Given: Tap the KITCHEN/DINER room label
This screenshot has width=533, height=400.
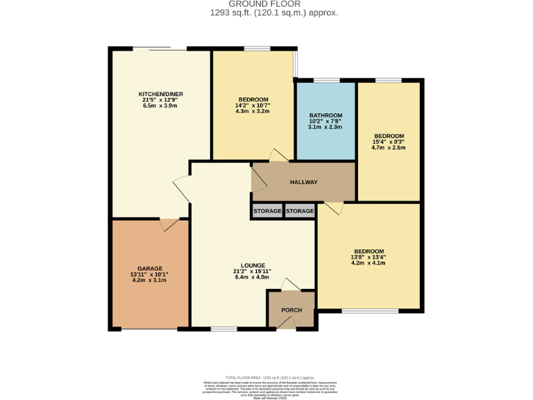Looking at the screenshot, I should pyautogui.click(x=160, y=94).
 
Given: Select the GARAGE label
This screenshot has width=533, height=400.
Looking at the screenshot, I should pyautogui.click(x=149, y=268).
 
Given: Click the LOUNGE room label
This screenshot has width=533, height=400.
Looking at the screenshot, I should pyautogui.click(x=253, y=265).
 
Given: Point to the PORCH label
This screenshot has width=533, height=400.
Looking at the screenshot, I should pyautogui.click(x=291, y=310).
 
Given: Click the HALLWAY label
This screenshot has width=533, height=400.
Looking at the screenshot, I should pyautogui.click(x=303, y=183).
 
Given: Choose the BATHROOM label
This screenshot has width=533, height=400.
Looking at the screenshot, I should pyautogui.click(x=325, y=115).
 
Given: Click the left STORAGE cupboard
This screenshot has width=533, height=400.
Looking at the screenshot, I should pyautogui.click(x=267, y=211).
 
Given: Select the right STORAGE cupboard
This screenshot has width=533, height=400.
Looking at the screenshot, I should pyautogui.click(x=300, y=211).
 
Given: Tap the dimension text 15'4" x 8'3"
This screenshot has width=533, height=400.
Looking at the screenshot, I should pyautogui.click(x=388, y=142).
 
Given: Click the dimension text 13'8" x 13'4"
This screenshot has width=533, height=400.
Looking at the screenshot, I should pyautogui.click(x=368, y=257).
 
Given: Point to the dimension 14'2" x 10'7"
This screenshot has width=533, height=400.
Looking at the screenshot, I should pyautogui.click(x=253, y=106).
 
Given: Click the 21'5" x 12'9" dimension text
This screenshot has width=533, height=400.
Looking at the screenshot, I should pyautogui.click(x=160, y=100).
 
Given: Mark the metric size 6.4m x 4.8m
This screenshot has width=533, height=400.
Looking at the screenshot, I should pyautogui.click(x=253, y=278).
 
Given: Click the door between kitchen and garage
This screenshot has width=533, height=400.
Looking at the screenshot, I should pyautogui.click(x=169, y=224).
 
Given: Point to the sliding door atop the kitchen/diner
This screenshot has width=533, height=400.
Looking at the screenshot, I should pyautogui.click(x=160, y=49).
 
